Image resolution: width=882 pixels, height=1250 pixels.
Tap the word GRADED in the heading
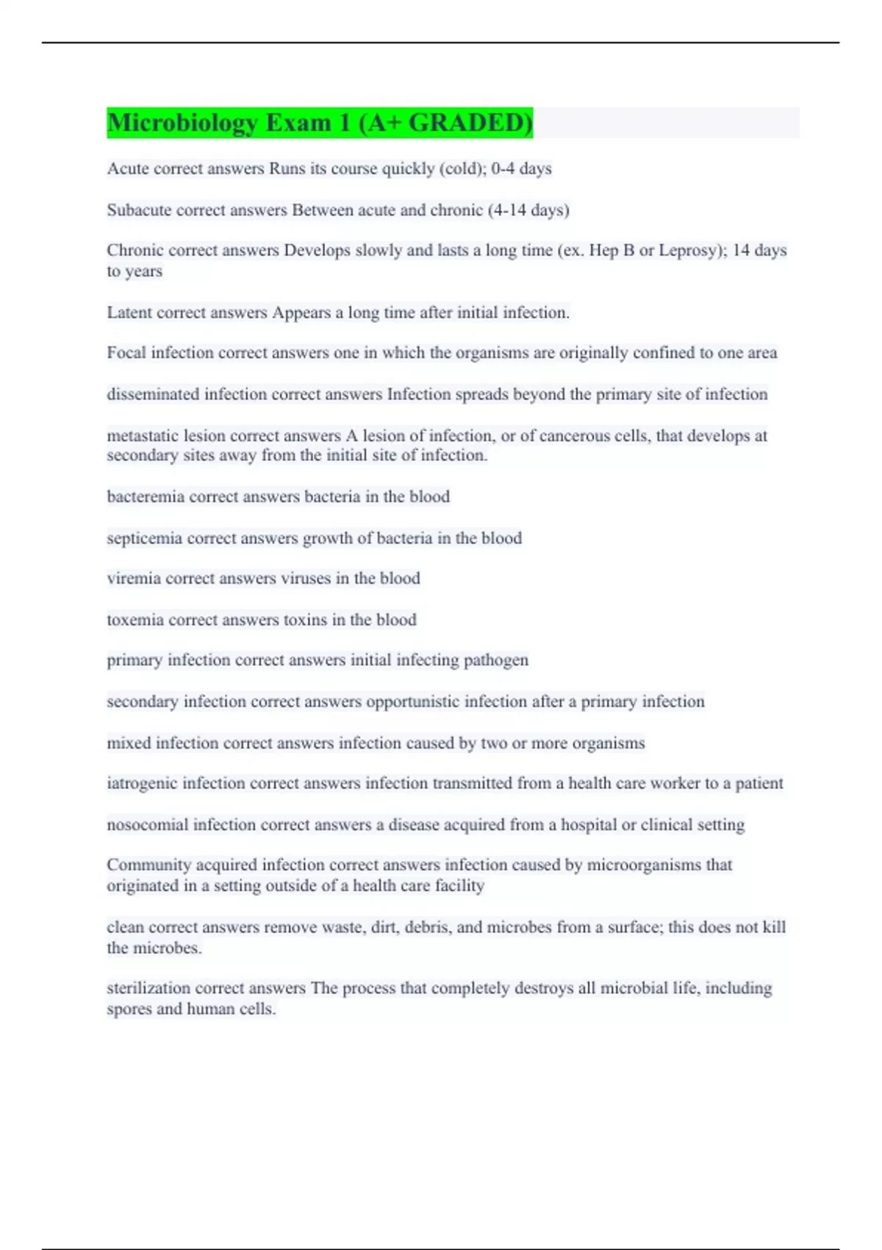pyautogui.click(x=470, y=123)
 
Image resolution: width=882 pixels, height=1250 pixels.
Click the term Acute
pyautogui.click(x=128, y=169)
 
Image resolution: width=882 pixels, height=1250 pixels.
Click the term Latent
pyautogui.click(x=129, y=313)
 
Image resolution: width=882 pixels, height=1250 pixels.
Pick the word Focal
pyautogui.click(x=126, y=353)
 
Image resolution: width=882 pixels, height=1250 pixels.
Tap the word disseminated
pyautogui.click(x=153, y=395)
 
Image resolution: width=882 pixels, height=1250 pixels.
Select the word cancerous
pyautogui.click(x=574, y=436)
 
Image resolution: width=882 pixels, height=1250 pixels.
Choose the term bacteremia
pyautogui.click(x=146, y=497)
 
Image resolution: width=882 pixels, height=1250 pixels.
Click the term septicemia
pyautogui.click(x=145, y=538)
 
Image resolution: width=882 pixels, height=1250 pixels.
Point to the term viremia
pyautogui.click(x=134, y=579)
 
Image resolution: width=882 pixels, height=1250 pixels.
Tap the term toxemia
pyautogui.click(x=135, y=620)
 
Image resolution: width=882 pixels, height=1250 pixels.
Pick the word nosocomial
pyautogui.click(x=147, y=825)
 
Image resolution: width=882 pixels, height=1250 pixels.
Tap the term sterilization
pyautogui.click(x=148, y=988)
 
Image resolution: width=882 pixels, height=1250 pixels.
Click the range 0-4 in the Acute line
pyautogui.click(x=503, y=169)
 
